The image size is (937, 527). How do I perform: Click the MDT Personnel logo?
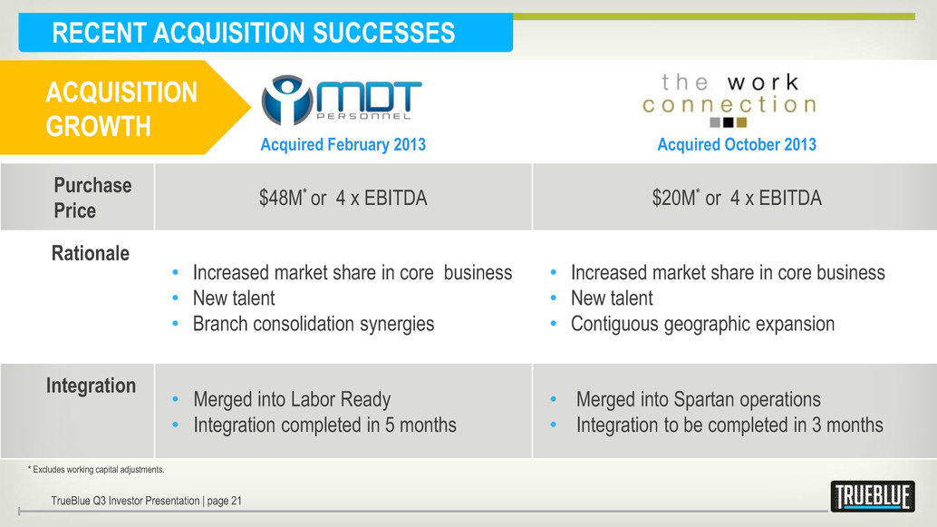[342, 100]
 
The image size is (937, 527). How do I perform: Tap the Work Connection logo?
[729, 100]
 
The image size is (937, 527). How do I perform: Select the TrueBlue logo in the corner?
[873, 496]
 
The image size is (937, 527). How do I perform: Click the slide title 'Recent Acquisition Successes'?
[254, 33]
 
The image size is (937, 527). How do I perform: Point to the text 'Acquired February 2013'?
[343, 145]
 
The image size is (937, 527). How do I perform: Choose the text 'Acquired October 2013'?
[737, 145]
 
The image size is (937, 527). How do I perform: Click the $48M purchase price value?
[343, 198]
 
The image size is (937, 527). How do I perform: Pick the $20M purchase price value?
[737, 198]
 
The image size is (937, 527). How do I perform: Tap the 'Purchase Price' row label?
[92, 198]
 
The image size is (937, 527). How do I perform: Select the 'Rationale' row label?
[91, 253]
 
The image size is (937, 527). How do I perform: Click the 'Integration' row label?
[91, 385]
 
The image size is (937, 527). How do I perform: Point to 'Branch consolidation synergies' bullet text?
[314, 324]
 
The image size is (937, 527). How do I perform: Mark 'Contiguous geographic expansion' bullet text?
[703, 324]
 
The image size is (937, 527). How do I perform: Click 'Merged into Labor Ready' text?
[292, 399]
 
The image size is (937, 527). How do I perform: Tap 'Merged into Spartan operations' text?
[698, 399]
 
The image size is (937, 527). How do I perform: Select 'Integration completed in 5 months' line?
[324, 425]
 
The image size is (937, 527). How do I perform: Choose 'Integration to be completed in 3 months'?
[729, 425]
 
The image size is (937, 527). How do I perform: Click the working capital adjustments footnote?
[96, 470]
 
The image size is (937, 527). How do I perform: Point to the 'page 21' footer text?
[224, 501]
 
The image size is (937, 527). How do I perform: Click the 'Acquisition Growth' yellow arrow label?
[121, 109]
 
